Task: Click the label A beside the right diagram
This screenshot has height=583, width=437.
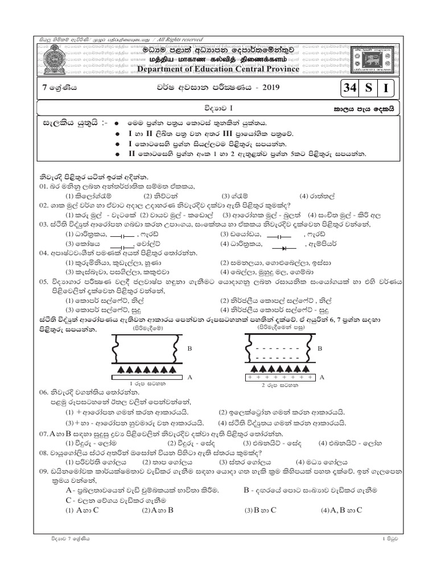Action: [322, 377]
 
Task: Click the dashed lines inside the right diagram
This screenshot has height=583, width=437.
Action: [281, 352]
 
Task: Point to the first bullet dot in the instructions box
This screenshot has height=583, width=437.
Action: [116, 123]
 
